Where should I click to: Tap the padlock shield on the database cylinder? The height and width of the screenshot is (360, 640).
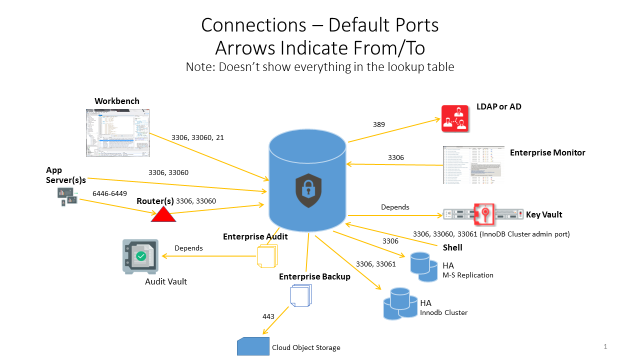pos(308,190)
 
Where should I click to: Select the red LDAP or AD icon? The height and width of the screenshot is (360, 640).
pos(455,118)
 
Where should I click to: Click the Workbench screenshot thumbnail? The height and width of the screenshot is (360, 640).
pos(118,132)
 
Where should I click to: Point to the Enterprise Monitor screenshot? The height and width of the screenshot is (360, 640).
pos(473,165)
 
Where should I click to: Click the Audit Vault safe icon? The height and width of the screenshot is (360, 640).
pos(140,256)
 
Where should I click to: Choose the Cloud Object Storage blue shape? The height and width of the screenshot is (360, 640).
pos(253,346)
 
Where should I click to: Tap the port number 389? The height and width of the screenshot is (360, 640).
pos(379,124)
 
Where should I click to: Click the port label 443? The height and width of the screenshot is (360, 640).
pos(268,316)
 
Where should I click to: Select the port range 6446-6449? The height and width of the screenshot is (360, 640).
pos(109,193)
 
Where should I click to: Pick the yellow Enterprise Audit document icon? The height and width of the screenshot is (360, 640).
pos(266,256)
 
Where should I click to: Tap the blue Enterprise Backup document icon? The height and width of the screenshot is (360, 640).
pos(301,295)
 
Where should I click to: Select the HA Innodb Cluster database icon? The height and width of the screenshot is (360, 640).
pos(399,303)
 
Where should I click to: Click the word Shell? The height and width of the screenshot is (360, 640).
pos(452,247)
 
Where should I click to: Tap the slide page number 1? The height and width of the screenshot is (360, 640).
pos(605,346)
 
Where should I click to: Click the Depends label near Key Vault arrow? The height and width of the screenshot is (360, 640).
pos(395,207)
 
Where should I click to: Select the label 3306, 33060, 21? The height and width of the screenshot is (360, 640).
pos(197,137)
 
